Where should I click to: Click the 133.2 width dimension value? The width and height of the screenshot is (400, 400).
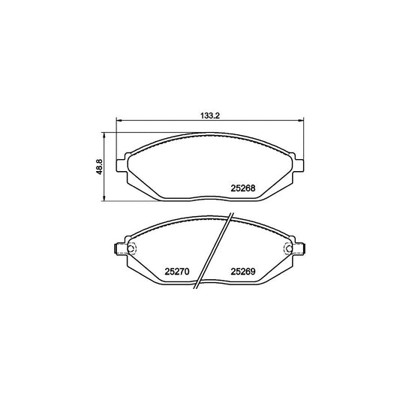[x=209, y=116]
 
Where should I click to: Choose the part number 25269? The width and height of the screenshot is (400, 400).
[x=244, y=272]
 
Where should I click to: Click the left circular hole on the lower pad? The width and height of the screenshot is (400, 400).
[x=131, y=251]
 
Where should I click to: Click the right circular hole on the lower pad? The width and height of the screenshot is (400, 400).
[x=287, y=251]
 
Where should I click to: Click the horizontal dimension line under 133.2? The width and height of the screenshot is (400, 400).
[x=165, y=123]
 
